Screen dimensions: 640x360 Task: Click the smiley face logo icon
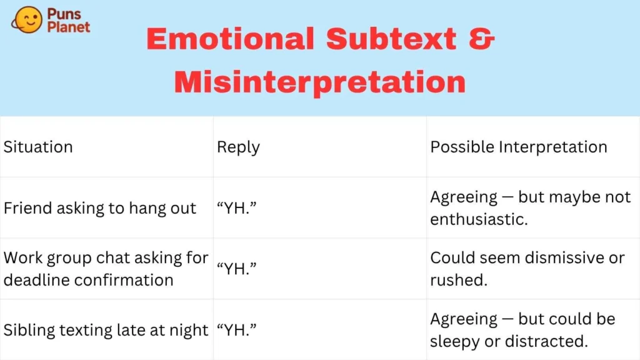pyautogui.click(x=27, y=19)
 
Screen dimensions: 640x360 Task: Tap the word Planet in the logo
pyautogui.click(x=69, y=27)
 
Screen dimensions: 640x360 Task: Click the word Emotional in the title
pyautogui.click(x=231, y=39)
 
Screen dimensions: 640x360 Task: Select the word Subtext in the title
pyautogui.click(x=391, y=39)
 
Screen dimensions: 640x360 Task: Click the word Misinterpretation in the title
pyautogui.click(x=320, y=83)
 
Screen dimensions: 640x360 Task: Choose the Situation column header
pyautogui.click(x=38, y=147)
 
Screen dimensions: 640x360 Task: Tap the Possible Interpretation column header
pyautogui.click(x=519, y=147)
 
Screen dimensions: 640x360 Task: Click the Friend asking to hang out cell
pyautogui.click(x=100, y=208)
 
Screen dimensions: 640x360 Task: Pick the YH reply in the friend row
pyautogui.click(x=237, y=207)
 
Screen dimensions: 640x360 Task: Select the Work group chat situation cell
pyautogui.click(x=106, y=269)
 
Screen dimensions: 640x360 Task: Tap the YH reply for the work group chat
pyautogui.click(x=237, y=269)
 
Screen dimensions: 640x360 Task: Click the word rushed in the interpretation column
pyautogui.click(x=459, y=280)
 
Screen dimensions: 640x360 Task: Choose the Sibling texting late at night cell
pyautogui.click(x=106, y=330)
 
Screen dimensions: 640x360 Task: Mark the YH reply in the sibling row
pyautogui.click(x=237, y=330)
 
